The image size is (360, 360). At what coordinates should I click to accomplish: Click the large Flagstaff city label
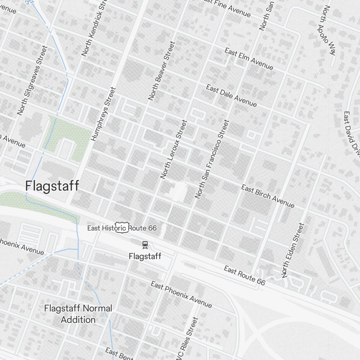52,186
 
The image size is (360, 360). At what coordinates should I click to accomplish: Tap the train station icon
145,245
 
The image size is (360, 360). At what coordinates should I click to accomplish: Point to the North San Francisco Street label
212,159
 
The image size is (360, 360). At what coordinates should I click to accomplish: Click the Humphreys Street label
104,114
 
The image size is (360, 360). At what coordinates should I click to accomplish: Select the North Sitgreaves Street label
32,80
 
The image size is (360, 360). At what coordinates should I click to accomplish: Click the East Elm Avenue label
249,59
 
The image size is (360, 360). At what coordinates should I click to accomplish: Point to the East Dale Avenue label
231,96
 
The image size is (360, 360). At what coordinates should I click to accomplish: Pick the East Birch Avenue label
267,196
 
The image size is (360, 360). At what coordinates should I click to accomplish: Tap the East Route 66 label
244,275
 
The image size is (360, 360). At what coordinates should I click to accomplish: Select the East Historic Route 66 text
122,228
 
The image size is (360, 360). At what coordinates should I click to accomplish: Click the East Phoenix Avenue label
181,295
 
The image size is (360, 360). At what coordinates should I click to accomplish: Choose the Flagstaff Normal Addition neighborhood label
78,314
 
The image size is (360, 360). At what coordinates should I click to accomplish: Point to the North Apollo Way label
327,30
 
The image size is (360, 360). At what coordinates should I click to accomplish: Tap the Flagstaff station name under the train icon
145,256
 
